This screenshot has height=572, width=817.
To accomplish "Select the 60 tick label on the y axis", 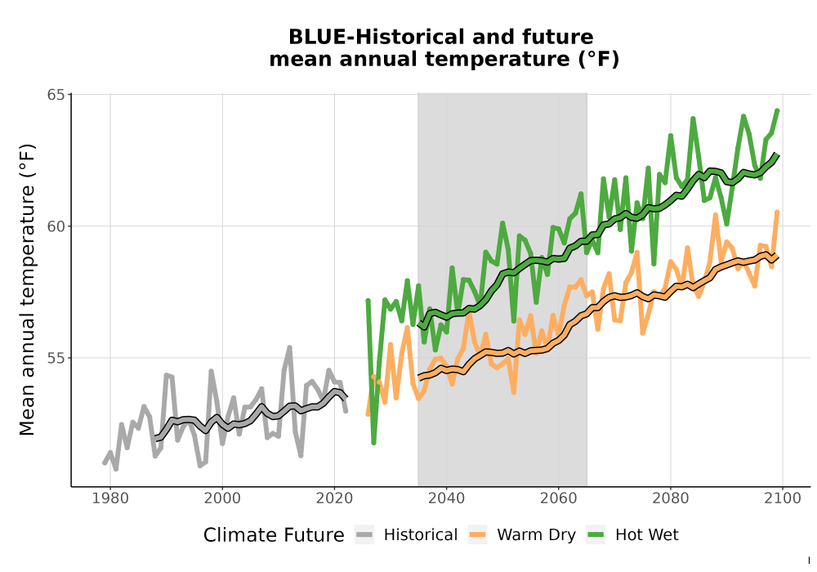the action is click(x=56, y=226).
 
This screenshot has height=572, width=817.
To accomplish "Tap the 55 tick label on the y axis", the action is click(x=56, y=359).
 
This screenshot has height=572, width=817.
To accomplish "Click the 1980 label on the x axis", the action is click(x=110, y=498).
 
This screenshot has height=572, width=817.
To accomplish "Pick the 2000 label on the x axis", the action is click(x=222, y=498).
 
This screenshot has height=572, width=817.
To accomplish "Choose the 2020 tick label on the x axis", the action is click(x=334, y=498).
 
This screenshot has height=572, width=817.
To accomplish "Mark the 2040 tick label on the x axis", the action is click(x=447, y=498).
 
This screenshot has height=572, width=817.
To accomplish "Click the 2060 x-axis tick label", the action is click(x=559, y=498).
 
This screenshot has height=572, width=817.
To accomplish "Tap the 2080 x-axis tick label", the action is click(x=671, y=498).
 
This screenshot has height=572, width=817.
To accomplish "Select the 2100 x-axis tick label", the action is click(x=783, y=498).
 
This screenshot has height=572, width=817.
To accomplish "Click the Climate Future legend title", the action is click(x=274, y=535).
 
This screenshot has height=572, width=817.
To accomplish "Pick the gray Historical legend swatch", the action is click(x=364, y=535).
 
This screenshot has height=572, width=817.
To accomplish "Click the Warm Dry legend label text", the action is click(x=536, y=535).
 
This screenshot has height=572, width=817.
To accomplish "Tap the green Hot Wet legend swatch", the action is click(x=596, y=535).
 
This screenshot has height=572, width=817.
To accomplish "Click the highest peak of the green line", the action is click(x=778, y=110).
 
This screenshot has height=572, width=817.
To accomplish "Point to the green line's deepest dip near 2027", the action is click(x=373, y=443).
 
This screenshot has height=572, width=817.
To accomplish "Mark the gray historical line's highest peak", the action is click(x=290, y=347).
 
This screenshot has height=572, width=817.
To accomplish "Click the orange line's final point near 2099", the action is click(x=778, y=212).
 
